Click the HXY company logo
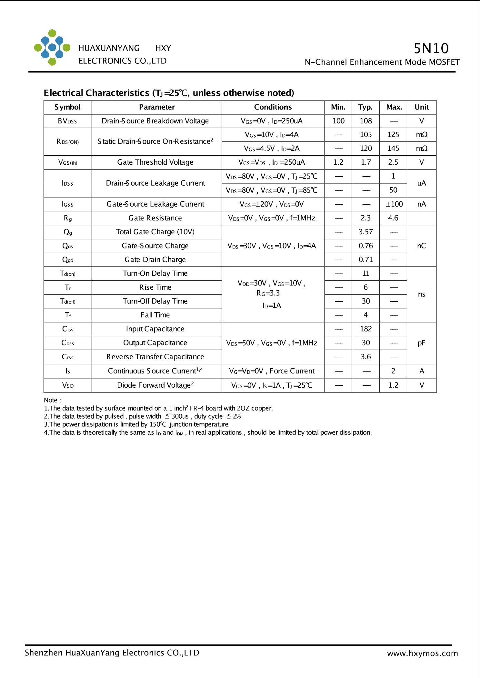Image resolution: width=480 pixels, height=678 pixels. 52,48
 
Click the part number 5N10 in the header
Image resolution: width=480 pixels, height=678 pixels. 431,48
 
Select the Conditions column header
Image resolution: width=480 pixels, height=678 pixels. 273,107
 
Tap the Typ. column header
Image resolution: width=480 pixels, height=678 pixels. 365,107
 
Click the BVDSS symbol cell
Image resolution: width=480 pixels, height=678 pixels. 67,121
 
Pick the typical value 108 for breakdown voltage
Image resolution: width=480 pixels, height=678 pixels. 366,121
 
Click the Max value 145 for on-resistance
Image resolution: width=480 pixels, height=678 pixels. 393,149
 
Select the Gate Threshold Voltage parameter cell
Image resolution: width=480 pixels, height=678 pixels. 155,162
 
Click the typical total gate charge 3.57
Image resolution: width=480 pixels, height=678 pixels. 366,232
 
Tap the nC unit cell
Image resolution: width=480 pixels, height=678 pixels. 421,246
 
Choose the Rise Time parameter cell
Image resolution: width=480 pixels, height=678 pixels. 155,287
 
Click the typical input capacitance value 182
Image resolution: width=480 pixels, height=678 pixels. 366,329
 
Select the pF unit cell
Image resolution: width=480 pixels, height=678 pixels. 421,343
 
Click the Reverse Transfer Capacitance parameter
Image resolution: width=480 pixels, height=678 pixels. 155,357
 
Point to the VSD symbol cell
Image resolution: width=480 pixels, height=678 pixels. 68,385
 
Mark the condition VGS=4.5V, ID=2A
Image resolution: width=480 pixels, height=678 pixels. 272,149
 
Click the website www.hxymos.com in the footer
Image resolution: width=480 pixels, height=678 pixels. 422,654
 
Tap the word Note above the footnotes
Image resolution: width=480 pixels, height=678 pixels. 51,400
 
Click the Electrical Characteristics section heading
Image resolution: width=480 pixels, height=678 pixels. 169,93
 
